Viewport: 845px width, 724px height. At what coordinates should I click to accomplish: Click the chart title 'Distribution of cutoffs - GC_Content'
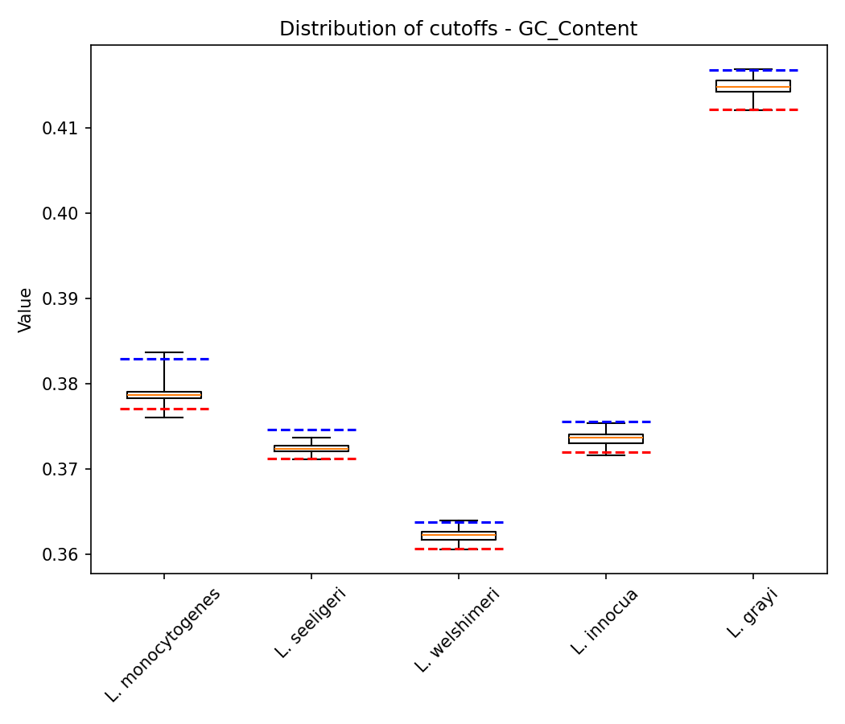[458, 30]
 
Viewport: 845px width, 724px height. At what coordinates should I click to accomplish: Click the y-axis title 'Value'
[26, 310]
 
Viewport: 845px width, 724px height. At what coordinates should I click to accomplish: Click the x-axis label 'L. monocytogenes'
[163, 644]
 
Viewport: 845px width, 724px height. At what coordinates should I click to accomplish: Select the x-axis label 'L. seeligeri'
[311, 623]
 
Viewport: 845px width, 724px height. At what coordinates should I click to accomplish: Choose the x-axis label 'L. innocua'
[605, 621]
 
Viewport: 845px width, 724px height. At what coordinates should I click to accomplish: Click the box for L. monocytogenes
[164, 395]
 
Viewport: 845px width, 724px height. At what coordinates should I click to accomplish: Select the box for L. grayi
[753, 86]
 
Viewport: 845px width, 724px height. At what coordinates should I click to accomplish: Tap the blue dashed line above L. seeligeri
[311, 430]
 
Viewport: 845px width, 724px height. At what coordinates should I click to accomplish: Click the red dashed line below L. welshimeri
[459, 549]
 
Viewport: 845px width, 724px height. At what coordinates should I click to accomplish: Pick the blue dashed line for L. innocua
[606, 422]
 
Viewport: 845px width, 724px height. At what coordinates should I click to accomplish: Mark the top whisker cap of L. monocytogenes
[164, 352]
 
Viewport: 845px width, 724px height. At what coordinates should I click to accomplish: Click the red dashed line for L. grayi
[753, 109]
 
